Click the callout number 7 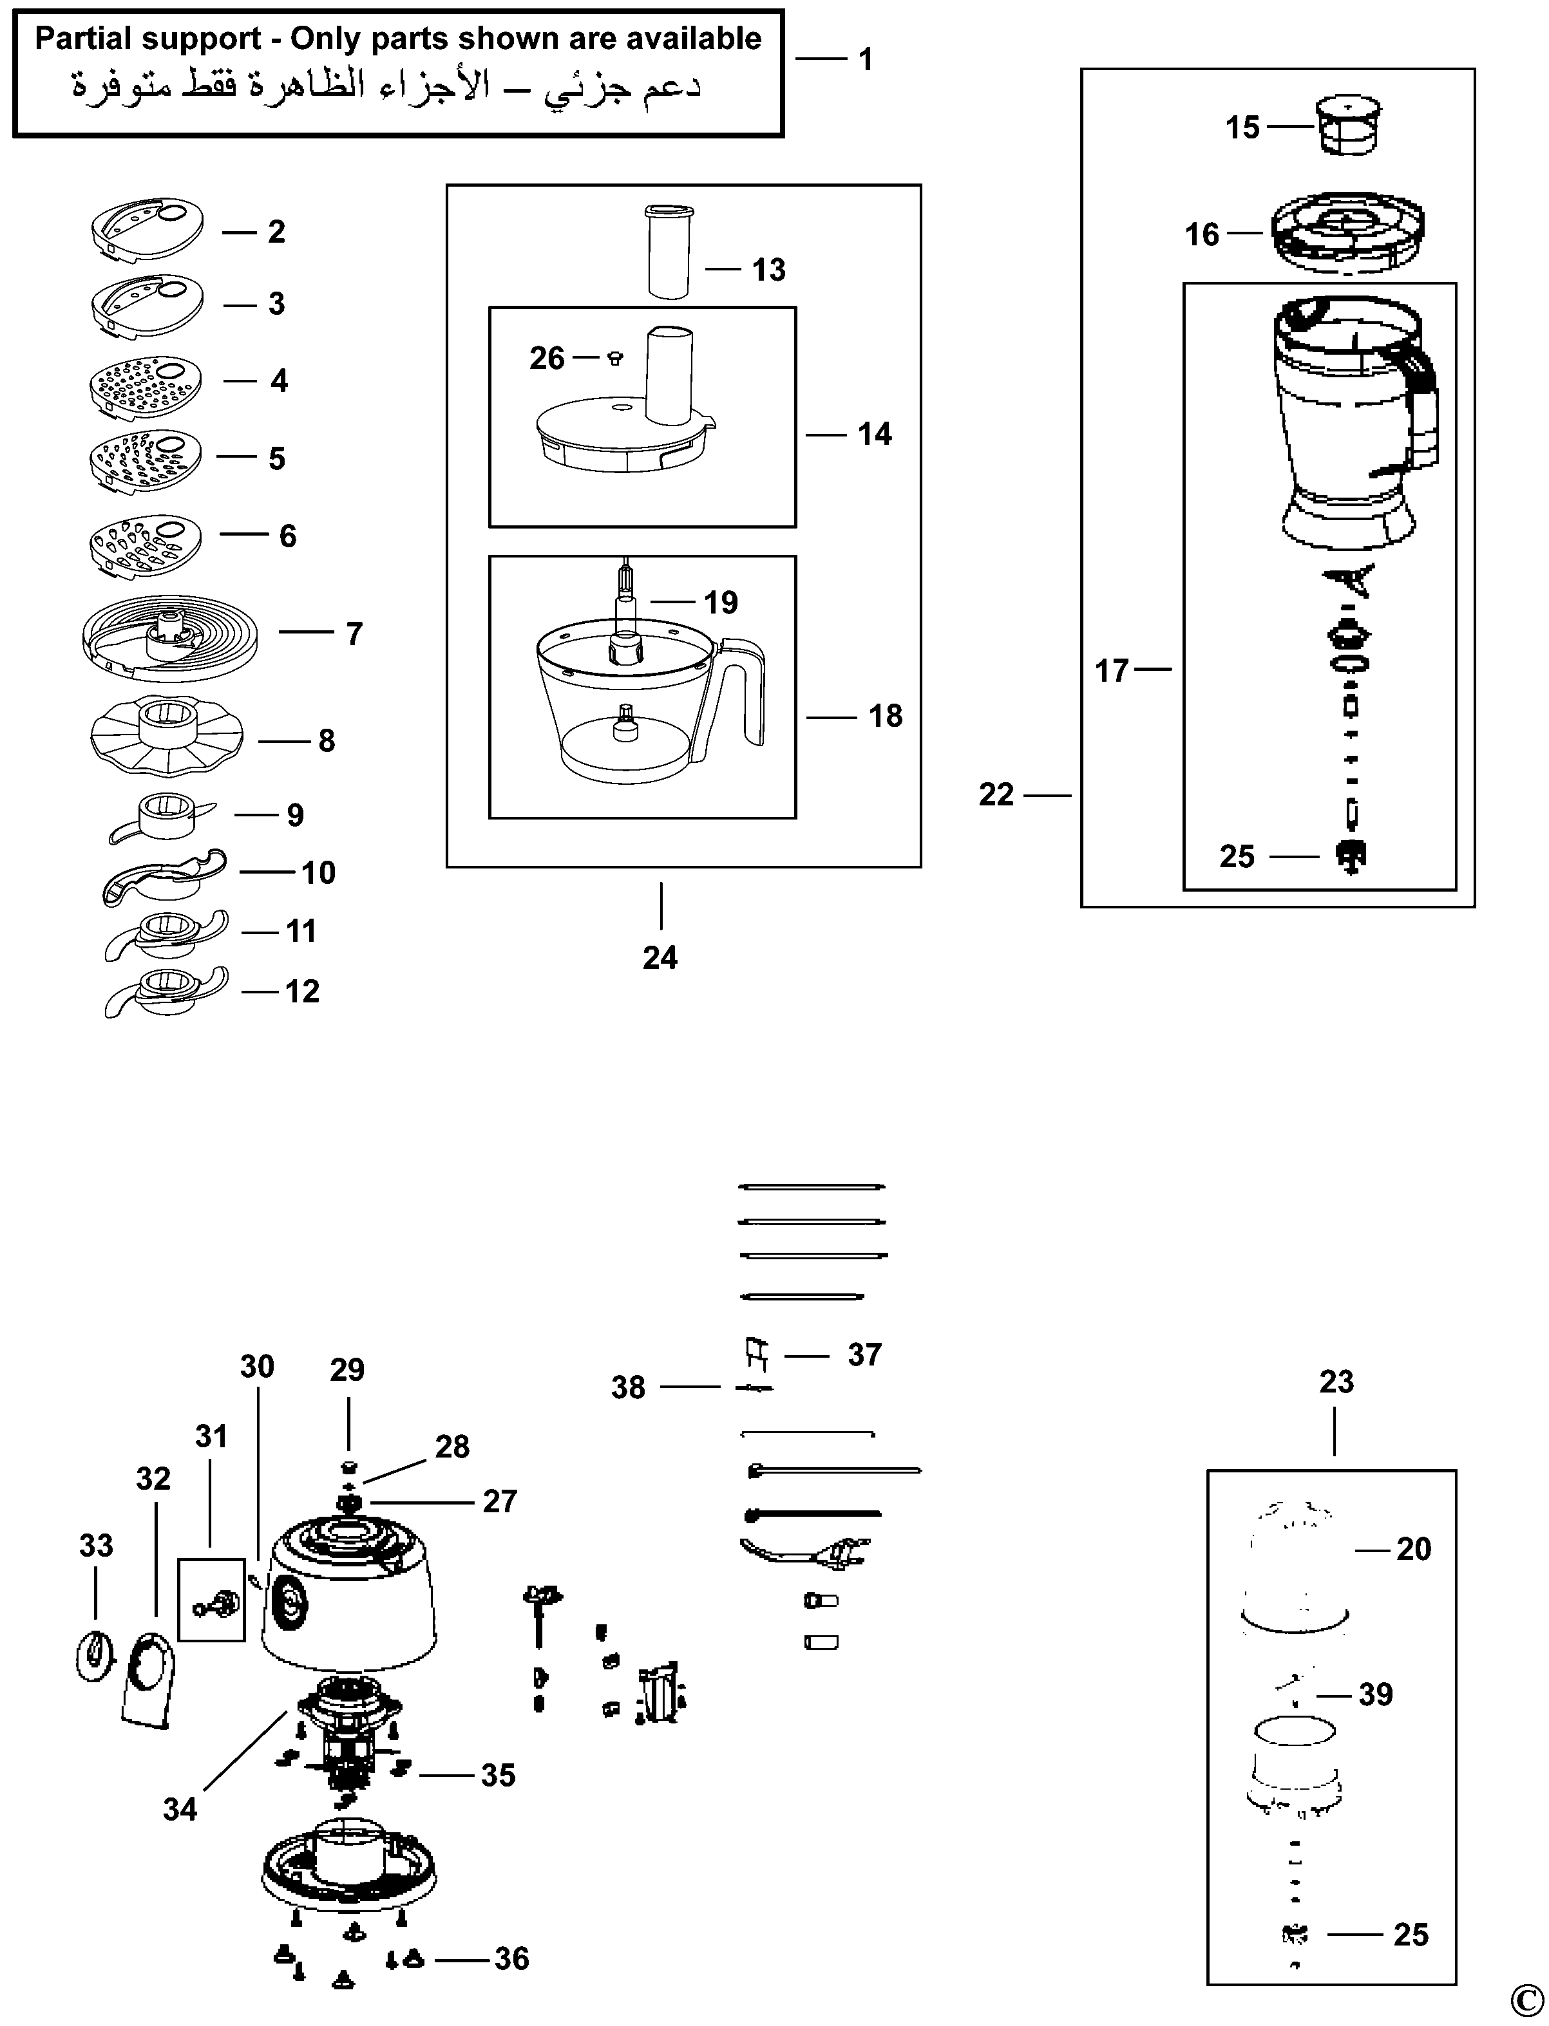point(354,634)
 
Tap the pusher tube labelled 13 point(667,250)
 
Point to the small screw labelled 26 point(616,358)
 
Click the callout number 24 point(660,958)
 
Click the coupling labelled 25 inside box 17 point(1351,856)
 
